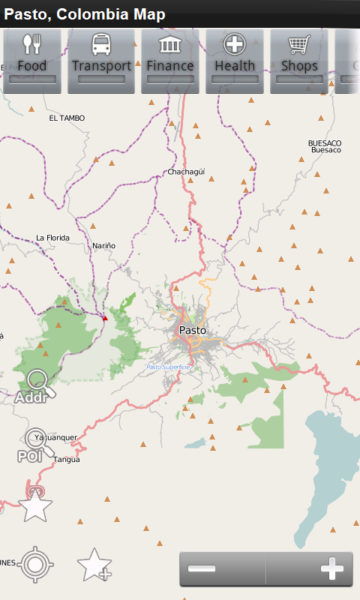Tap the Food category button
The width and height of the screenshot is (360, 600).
[x=32, y=60]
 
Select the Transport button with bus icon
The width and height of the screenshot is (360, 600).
[x=101, y=60]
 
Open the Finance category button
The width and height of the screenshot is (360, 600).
[x=170, y=60]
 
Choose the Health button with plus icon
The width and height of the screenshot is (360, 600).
[x=235, y=60]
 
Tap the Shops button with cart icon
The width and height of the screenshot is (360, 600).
[x=299, y=60]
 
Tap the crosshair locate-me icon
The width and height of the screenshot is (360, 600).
[x=35, y=565]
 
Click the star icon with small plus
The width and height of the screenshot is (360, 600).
[x=94, y=565]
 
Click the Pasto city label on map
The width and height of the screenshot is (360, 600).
[x=192, y=330]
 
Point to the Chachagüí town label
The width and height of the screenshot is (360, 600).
[x=185, y=172]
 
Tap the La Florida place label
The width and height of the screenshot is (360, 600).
[x=52, y=238]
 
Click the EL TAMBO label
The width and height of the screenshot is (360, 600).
[x=67, y=118]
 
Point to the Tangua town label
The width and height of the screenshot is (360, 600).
[x=67, y=460]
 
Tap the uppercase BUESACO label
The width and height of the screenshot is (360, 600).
[x=325, y=142]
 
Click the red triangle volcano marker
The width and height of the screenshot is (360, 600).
[x=105, y=318]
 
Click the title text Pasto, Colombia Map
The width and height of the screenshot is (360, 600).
[x=85, y=14]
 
